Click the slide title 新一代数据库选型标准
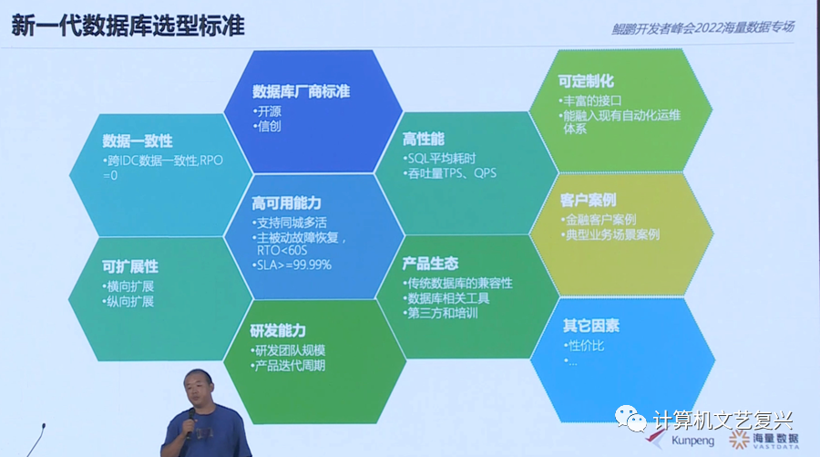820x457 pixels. (128, 25)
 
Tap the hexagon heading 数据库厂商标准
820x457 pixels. (301, 91)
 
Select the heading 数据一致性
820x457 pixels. (138, 140)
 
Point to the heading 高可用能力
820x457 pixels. (286, 203)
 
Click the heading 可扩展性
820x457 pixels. (130, 266)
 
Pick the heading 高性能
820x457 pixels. (423, 139)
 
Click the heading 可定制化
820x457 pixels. (584, 80)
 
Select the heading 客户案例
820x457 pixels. (588, 199)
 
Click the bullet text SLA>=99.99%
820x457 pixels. (293, 265)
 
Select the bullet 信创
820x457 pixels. (269, 126)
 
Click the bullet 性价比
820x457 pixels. (588, 346)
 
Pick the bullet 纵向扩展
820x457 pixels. (130, 301)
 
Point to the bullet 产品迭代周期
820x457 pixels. (291, 366)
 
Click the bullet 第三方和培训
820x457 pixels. (445, 314)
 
